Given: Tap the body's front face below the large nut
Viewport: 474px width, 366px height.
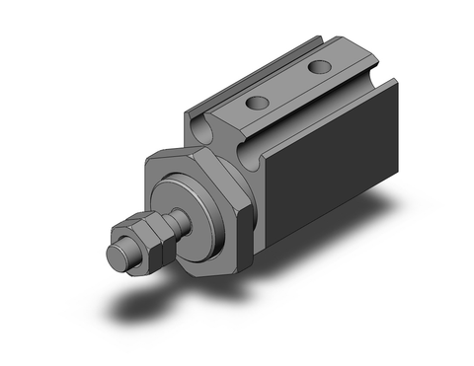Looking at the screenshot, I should pyautogui.click(x=247, y=247).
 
